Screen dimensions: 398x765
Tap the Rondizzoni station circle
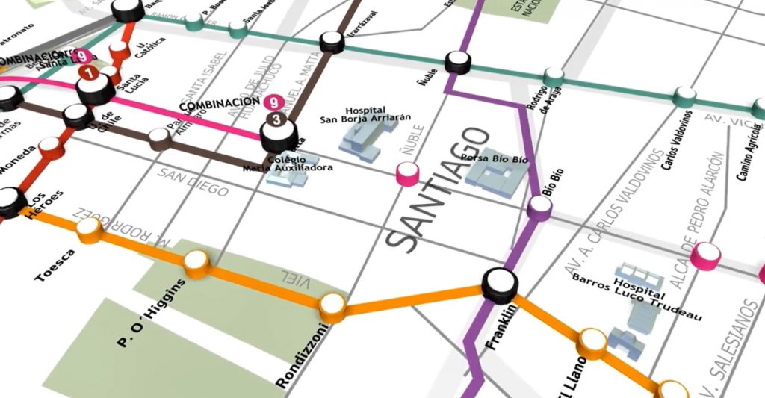(332, 305)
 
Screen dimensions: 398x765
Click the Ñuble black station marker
(457, 62)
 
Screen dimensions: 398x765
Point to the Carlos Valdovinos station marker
(684, 96)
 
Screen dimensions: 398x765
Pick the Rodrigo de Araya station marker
(554, 76)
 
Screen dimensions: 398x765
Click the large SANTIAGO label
(439, 188)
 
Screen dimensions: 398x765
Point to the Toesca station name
(55, 266)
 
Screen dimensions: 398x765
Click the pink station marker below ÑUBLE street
(407, 175)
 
